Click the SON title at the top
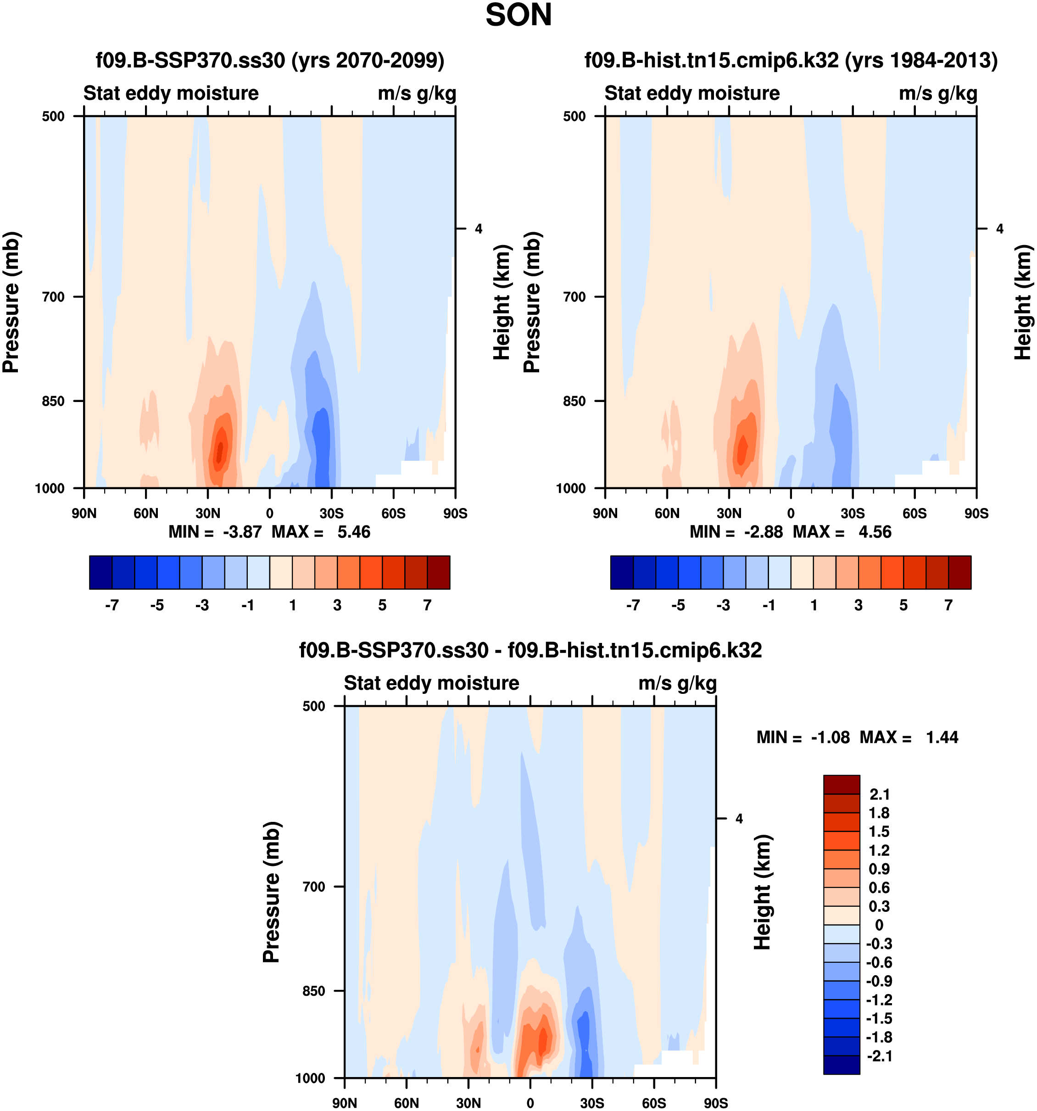(x=518, y=15)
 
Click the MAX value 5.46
(x=354, y=532)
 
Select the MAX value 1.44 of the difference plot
(x=942, y=738)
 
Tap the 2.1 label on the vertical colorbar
(x=880, y=794)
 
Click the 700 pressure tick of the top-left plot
(x=54, y=297)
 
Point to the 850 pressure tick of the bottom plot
(x=314, y=991)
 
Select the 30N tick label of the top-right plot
(x=729, y=514)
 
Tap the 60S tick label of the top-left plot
(x=393, y=514)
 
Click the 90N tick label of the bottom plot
(x=344, y=1103)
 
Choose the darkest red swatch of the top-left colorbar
(x=439, y=572)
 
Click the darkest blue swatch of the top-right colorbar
(x=621, y=572)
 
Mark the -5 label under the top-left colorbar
(x=157, y=605)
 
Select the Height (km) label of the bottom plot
(x=762, y=892)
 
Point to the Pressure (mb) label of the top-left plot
(x=11, y=302)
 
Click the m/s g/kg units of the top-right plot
(x=938, y=93)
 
